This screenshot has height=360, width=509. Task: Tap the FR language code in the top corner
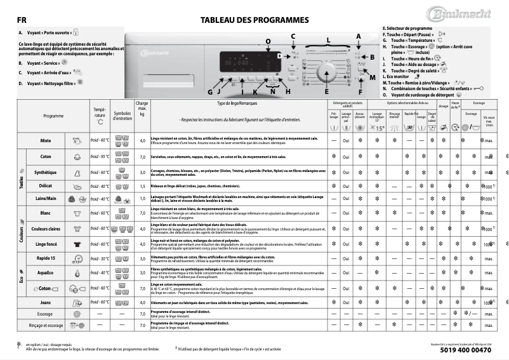tap(22, 20)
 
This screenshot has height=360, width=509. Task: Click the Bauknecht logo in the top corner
tap(470, 14)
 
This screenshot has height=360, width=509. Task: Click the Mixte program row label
tap(46, 140)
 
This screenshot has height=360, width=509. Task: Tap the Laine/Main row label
tap(46, 199)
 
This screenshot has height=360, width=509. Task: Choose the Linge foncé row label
tap(46, 244)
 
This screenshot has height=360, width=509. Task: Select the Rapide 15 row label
tap(46, 258)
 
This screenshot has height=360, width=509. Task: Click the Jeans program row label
tap(46, 303)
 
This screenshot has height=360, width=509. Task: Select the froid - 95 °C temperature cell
tap(100, 156)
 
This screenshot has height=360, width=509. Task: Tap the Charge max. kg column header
tap(142, 108)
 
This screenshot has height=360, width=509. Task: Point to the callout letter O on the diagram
tap(267, 41)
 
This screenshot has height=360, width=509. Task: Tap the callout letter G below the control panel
tap(210, 92)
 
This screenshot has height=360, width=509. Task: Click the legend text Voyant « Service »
tap(45, 63)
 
